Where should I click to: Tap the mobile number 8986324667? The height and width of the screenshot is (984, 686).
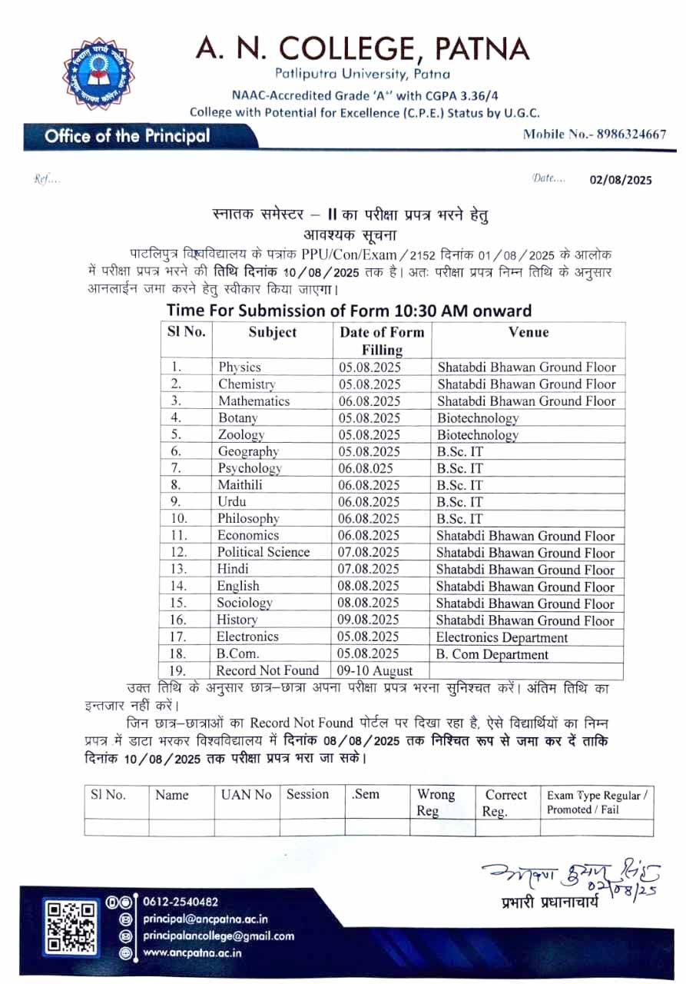(594, 134)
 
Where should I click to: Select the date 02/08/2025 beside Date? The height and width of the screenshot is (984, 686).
(621, 179)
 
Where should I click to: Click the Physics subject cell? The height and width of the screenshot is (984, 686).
(240, 367)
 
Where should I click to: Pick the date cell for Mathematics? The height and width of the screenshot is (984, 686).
(370, 401)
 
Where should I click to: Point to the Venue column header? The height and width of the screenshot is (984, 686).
(529, 332)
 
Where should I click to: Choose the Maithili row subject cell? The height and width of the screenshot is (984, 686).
(240, 485)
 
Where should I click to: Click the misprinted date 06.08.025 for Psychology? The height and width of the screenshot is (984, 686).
(367, 468)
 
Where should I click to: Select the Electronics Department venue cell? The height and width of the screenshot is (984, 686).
(502, 637)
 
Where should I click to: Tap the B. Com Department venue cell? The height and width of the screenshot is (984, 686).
(492, 655)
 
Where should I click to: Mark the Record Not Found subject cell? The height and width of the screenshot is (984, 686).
(267, 671)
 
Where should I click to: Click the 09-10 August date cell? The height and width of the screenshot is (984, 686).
(370, 671)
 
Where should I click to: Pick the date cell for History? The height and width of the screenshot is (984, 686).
(370, 620)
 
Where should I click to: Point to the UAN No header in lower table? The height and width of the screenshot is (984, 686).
(246, 795)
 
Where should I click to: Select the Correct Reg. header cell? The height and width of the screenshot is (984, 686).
(505, 803)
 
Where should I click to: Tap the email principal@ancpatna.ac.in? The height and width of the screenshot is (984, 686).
(205, 919)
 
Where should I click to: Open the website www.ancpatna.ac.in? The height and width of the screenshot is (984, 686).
(192, 952)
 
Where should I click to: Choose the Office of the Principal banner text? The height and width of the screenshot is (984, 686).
(127, 137)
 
